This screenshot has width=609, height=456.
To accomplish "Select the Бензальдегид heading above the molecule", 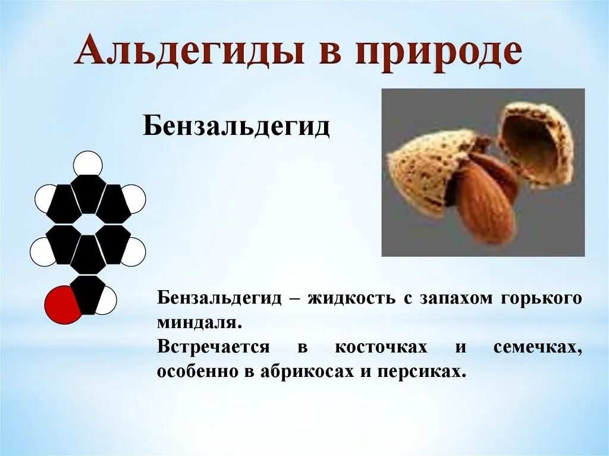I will [x=236, y=127].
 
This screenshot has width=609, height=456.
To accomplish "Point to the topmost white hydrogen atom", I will [x=88, y=164].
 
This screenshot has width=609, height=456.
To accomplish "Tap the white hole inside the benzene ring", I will [x=88, y=224].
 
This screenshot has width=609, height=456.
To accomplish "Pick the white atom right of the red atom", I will [x=106, y=300].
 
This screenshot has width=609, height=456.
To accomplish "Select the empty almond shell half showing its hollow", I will [x=535, y=143].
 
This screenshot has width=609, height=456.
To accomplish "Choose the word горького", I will [x=542, y=298].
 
